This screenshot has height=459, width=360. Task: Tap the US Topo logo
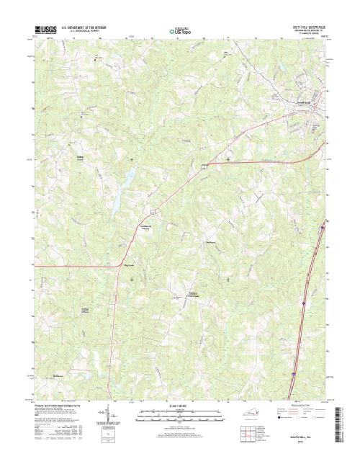point(179,31)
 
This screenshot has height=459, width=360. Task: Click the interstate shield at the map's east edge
point(323,229)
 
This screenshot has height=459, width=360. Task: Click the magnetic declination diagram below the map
point(109,413)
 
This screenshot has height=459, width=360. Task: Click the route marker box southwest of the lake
point(153,210)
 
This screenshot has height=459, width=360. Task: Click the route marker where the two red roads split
point(204,166)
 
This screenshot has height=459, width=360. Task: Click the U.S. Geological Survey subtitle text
point(88,32)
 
